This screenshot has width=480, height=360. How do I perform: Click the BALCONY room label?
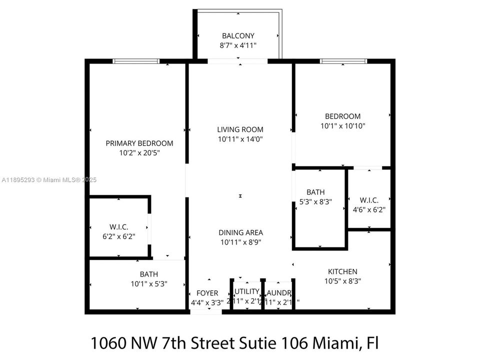tap(238, 36)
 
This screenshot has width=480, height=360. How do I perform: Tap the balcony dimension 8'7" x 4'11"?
tap(238, 45)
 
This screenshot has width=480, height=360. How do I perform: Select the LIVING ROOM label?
tap(240, 129)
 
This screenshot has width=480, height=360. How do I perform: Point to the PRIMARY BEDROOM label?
tap(139, 143)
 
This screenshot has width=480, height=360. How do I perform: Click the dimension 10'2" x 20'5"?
tap(139, 152)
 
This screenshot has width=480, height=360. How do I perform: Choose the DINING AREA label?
tap(240, 232)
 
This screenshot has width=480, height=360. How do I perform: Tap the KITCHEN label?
tap(342, 271)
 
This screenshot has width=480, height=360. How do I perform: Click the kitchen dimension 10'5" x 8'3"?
tap(342, 281)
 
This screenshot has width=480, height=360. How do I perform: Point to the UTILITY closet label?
tap(246, 291)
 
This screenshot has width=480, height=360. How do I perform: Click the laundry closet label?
tap(278, 292)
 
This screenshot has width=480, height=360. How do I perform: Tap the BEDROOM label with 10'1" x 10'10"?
tap(342, 116)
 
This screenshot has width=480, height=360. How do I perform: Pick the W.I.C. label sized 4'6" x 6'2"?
tap(368, 200)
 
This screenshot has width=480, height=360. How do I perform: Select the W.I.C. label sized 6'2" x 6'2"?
tap(118, 226)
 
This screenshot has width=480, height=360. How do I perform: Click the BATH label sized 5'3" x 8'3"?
tap(315, 192)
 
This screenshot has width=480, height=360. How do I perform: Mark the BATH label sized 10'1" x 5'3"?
tap(148, 274)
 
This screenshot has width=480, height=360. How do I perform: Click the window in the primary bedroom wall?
tap(136, 61)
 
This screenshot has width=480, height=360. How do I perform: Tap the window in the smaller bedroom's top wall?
tap(343, 61)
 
